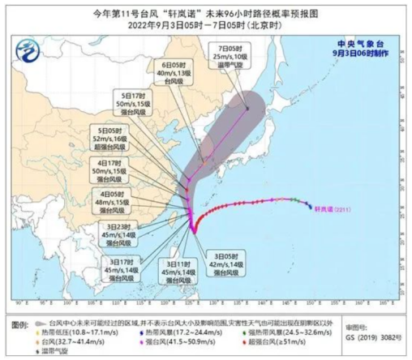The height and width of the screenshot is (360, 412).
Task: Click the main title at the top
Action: pos(206,11)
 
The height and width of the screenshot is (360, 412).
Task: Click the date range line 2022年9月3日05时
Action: pos(206,24)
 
